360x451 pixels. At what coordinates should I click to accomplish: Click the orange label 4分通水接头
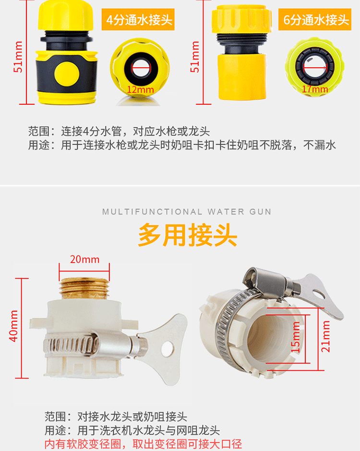pyautogui.click(x=138, y=20)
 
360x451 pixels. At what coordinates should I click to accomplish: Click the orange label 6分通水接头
pyautogui.click(x=315, y=20)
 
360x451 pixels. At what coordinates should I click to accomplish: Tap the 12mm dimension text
pyautogui.click(x=140, y=90)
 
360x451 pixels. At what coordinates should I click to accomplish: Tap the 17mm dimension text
pyautogui.click(x=315, y=89)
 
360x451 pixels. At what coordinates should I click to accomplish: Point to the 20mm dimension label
pyautogui.click(x=85, y=259)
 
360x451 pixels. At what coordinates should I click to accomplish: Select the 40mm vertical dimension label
pyautogui.click(x=13, y=326)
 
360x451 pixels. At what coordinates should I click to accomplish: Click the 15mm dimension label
pyautogui.click(x=296, y=337)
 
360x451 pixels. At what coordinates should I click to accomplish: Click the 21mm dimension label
pyautogui.click(x=326, y=337)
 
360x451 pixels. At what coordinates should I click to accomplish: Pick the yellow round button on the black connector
pyautogui.click(x=67, y=74)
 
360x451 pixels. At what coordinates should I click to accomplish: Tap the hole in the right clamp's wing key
pyautogui.click(x=318, y=293)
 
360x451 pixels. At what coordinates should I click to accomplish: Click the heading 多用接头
pyautogui.click(x=188, y=235)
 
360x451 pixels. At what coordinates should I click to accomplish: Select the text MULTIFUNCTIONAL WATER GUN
pyautogui.click(x=187, y=212)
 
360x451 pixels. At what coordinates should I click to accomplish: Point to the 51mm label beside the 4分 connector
pyautogui.click(x=18, y=57)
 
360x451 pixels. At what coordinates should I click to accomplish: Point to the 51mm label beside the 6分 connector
pyautogui.click(x=195, y=57)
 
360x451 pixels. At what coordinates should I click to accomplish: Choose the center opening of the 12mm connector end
pyautogui.click(x=142, y=69)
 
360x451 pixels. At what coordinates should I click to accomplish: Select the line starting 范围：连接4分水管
pyautogui.click(x=119, y=132)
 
